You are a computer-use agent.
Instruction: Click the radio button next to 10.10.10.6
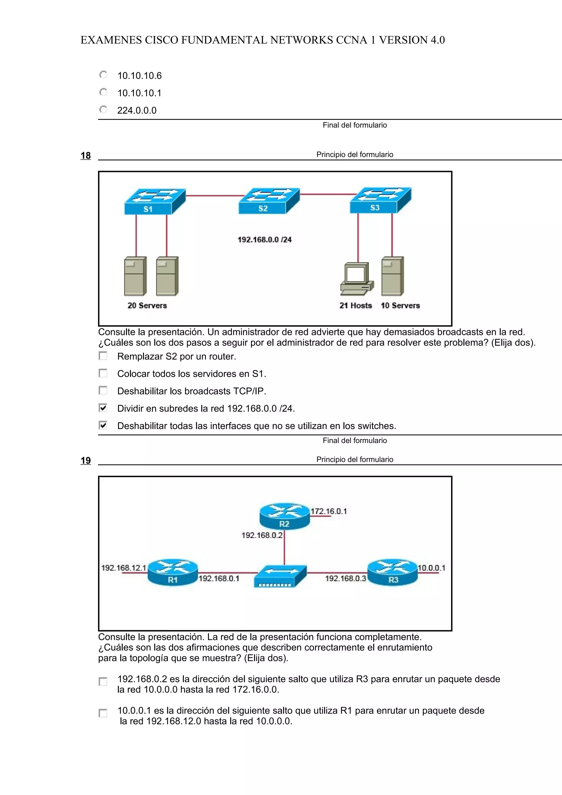(x=103, y=75)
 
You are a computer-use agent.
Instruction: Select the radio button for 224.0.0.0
(x=103, y=110)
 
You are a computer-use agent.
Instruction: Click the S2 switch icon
(x=269, y=201)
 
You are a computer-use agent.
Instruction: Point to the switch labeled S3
(x=380, y=200)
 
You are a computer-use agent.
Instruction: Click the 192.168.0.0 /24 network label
(x=265, y=239)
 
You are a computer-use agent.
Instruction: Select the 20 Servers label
(x=147, y=305)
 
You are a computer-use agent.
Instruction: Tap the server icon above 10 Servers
(x=393, y=276)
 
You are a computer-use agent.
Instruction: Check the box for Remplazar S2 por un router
(x=103, y=356)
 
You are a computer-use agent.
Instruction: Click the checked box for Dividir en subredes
(x=103, y=408)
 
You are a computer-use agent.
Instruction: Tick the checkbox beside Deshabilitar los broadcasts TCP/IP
(x=103, y=391)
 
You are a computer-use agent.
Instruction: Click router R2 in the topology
(x=284, y=516)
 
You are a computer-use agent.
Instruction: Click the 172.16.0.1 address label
(x=329, y=511)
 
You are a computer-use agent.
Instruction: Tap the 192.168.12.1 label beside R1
(x=123, y=568)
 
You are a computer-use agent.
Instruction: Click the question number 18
(x=86, y=156)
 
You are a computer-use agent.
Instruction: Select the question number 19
(x=86, y=461)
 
